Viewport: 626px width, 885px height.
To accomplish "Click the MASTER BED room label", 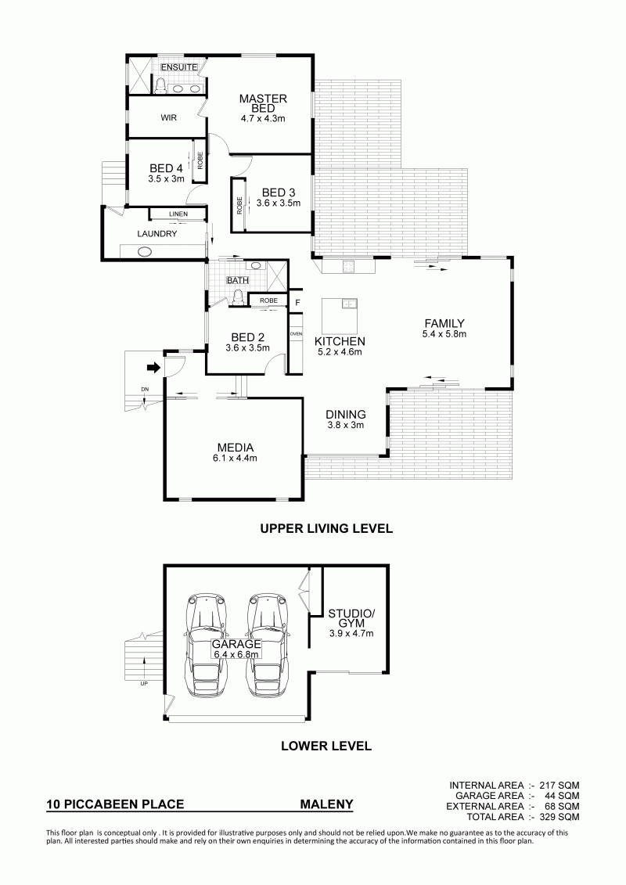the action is coord(263,103).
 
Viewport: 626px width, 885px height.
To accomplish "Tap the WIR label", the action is coord(169,117).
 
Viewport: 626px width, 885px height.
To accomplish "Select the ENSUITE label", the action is coord(179,67).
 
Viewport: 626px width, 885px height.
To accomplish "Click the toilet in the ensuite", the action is coord(160,85).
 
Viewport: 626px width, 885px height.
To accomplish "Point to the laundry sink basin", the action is coord(145,252).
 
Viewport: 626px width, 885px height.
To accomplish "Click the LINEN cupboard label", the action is coord(178,214).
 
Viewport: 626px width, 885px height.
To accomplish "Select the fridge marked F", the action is coord(297,303).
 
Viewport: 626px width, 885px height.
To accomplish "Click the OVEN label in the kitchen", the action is coord(296,334).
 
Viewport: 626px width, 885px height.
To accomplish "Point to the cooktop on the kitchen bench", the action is coord(349,267).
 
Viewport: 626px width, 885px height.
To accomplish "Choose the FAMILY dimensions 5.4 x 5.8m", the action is coord(444,334).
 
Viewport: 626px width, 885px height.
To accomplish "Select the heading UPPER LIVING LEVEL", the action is coord(326,529).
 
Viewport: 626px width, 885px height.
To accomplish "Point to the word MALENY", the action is coord(326,804).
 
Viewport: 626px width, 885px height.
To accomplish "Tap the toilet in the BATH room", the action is coord(238,297).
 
